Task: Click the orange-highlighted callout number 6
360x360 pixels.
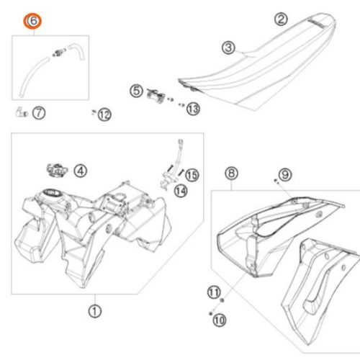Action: pos(32,21)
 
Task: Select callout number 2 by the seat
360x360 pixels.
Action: pos(281,19)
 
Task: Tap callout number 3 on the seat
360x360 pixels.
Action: pos(228,48)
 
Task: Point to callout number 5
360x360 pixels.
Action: pos(136,91)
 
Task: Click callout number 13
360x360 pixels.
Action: pos(193,109)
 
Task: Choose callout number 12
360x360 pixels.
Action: pos(104,114)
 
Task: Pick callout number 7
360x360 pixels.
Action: pos(39,113)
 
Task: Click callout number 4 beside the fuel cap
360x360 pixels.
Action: pos(81,171)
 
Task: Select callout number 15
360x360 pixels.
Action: pos(192,175)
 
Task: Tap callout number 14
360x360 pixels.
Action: pos(181,192)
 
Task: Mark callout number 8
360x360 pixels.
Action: pos(231,173)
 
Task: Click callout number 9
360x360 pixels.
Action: pos(285,174)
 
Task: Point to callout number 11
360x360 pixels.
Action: pos(214,292)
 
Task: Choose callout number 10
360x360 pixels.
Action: pos(220,320)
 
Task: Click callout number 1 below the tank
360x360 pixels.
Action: pos(95,311)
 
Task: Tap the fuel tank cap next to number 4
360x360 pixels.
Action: pos(57,170)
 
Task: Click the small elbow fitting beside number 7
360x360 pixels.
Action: pos(21,112)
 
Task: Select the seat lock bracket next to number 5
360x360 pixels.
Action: pos(156,95)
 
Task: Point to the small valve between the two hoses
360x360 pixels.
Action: pos(59,53)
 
